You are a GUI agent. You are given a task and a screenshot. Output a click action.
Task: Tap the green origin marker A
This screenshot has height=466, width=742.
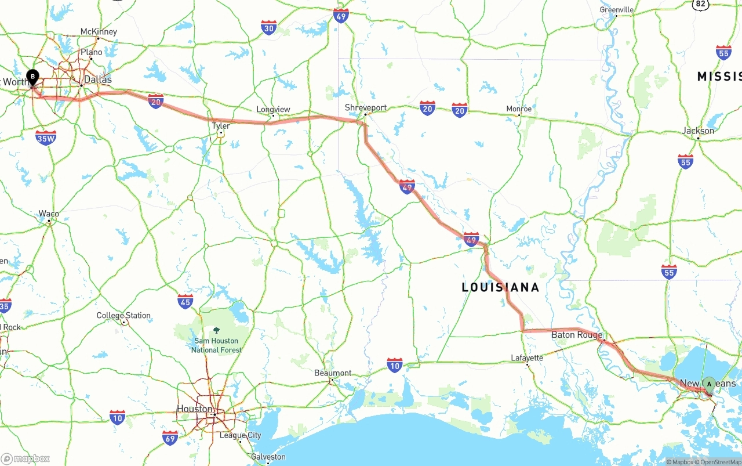(x=709, y=384)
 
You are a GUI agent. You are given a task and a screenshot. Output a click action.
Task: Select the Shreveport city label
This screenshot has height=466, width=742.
(x=365, y=107)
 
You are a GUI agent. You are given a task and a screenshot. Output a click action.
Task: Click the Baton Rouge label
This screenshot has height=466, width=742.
(x=576, y=335)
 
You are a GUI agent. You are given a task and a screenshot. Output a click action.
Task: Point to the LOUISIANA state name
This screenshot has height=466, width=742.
(x=500, y=287)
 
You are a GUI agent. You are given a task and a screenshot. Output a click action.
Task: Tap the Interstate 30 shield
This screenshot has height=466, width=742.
(x=268, y=27)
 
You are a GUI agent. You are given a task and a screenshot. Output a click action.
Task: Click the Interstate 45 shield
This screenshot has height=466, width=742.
(x=185, y=301)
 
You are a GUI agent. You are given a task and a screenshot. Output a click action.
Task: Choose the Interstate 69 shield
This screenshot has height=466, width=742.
(x=170, y=438)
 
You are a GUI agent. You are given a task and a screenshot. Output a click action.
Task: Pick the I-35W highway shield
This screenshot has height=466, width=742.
(x=46, y=138)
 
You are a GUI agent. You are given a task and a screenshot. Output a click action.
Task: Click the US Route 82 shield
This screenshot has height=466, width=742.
(x=701, y=3)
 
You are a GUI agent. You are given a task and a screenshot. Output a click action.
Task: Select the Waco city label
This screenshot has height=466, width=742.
(x=49, y=214)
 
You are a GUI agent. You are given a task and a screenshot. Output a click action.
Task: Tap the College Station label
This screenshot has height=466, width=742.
(x=123, y=316)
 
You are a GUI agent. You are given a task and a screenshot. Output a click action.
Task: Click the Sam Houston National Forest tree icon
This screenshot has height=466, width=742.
(x=216, y=330)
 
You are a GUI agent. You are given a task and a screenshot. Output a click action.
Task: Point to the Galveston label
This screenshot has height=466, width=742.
(x=268, y=457)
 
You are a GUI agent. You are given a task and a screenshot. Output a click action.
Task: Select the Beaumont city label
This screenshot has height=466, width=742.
(x=333, y=373)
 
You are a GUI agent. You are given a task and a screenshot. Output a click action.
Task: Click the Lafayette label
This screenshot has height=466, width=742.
(x=527, y=357)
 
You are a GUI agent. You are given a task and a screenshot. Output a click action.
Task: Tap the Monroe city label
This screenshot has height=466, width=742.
(x=519, y=109)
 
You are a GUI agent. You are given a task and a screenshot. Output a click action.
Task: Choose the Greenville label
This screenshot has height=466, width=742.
(x=617, y=10)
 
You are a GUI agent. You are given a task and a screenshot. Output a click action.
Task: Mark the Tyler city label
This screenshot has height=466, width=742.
(x=221, y=126)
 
